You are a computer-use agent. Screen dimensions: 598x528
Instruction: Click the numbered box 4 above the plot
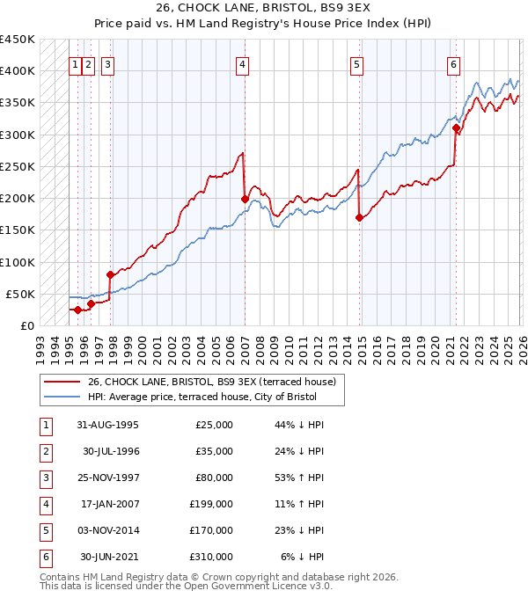point(241,63)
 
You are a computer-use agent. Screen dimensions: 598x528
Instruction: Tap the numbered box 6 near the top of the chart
point(453,63)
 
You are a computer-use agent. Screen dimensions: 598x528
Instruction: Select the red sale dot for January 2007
point(245,199)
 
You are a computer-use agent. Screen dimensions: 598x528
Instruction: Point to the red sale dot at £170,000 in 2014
point(359,217)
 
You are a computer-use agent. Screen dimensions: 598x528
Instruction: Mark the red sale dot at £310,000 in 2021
point(456,128)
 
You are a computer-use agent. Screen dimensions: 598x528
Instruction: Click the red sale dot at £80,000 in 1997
point(110,274)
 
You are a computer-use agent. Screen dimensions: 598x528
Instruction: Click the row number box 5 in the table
point(44,530)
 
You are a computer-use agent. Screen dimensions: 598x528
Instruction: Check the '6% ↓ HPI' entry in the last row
point(302,557)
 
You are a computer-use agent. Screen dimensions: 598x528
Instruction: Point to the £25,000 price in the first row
point(213,425)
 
